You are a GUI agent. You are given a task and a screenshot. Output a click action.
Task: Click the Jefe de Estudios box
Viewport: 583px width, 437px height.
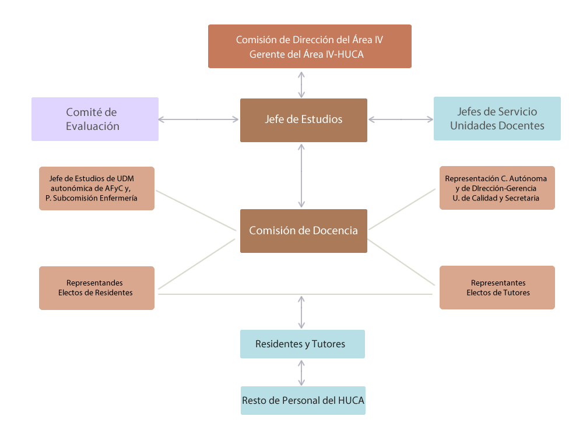(303, 120)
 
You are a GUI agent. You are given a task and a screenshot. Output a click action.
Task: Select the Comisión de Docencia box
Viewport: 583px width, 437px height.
(303, 231)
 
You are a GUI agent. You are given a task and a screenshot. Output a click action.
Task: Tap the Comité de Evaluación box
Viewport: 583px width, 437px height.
(95, 119)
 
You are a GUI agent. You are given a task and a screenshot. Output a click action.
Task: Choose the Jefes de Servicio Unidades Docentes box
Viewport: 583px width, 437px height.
(497, 118)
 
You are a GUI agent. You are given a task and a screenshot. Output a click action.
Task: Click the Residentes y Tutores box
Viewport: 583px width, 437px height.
(302, 344)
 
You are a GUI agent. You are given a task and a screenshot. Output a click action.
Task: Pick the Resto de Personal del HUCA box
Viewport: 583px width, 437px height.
(303, 400)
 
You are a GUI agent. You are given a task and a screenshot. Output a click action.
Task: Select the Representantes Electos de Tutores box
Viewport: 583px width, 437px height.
(497, 287)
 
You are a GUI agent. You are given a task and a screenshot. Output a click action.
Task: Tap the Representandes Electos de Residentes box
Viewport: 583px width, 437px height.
(97, 288)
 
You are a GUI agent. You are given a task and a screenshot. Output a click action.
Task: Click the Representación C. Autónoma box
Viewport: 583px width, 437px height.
(497, 188)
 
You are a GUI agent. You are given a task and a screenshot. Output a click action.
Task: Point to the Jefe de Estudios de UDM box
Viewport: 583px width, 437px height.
(97, 188)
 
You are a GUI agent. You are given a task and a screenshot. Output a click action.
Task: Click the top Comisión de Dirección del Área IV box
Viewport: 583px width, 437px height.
(310, 47)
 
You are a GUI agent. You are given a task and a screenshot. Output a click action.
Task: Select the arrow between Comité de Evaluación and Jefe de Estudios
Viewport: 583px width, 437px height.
(199, 119)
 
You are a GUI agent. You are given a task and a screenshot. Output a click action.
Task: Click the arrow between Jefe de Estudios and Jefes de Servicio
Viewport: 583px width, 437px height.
(401, 119)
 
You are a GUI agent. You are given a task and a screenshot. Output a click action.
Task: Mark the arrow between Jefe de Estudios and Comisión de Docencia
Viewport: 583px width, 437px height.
(301, 175)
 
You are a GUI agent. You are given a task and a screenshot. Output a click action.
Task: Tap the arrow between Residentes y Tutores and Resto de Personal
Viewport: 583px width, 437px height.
(301, 372)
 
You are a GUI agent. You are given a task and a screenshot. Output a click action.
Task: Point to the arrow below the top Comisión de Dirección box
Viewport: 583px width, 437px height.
(301, 84)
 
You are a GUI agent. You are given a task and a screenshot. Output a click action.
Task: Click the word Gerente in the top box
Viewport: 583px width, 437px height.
(266, 54)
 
